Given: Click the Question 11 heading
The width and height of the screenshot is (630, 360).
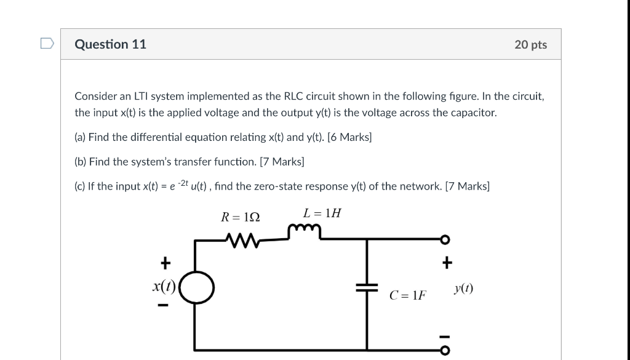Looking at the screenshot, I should click(110, 44).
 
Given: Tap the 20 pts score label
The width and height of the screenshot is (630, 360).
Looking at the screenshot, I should click(530, 45).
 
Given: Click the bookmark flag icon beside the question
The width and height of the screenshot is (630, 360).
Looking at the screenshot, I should click(47, 44).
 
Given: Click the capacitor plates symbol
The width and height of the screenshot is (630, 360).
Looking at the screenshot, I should click(367, 287).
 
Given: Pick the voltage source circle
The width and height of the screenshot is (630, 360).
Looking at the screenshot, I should click(197, 287).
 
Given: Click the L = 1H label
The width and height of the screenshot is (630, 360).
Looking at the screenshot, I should click(321, 214).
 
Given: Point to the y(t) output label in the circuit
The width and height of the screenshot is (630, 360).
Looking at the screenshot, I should click(463, 288).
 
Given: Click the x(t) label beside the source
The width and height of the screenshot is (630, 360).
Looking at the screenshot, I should click(164, 286).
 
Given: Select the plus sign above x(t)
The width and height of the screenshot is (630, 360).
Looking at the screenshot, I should click(164, 264).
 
